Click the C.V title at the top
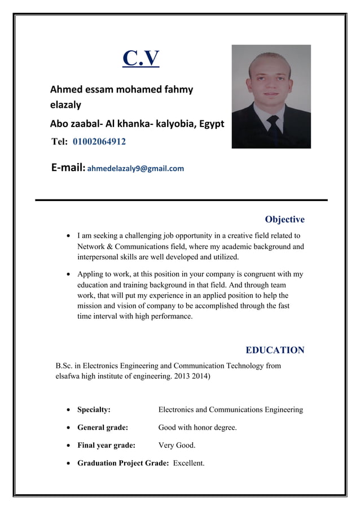tap(141, 58)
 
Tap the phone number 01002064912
tap(99, 141)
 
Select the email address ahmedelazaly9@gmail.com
tap(135, 168)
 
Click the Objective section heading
tap(284, 219)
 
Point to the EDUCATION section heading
tap(275, 350)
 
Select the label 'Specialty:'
tap(94, 409)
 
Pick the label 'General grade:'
tap(103, 428)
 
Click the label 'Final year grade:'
tap(106, 446)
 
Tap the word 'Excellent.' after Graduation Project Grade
tap(188, 464)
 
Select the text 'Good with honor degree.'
tap(197, 428)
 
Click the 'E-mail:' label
tap(68, 168)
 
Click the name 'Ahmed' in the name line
tap(65, 89)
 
